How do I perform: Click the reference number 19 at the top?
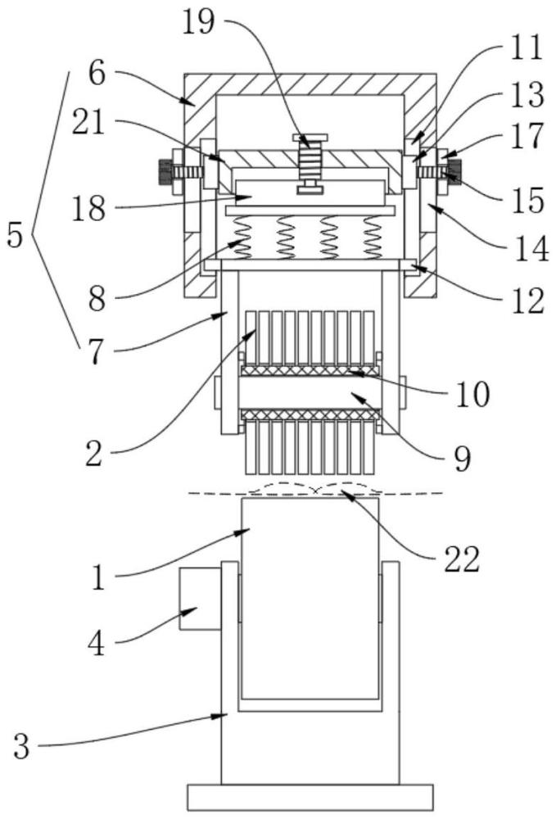[x=199, y=23]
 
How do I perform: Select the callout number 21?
[x=88, y=124]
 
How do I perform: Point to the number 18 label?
[x=88, y=209]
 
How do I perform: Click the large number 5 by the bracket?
[x=15, y=236]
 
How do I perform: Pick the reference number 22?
[x=462, y=559]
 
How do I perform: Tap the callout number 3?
[x=21, y=747]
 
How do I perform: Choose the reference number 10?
[x=472, y=394]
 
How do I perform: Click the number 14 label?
[x=531, y=248]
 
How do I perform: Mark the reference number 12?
[x=527, y=301]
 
